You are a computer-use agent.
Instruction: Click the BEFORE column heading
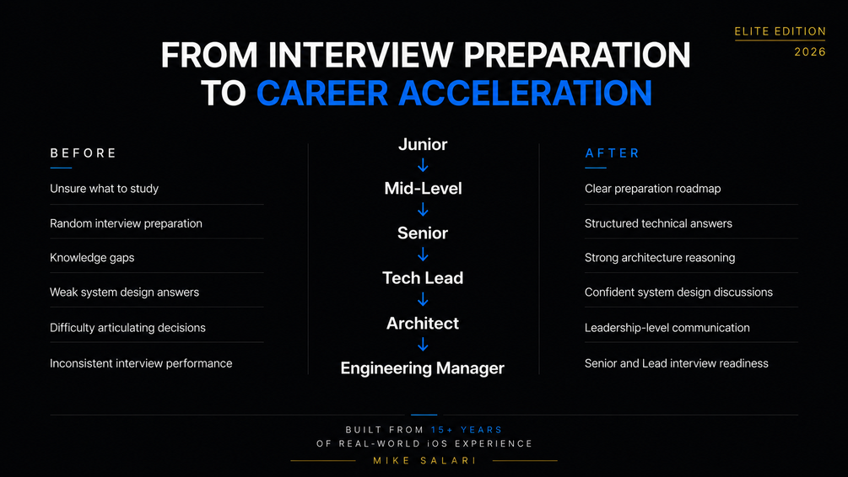84,153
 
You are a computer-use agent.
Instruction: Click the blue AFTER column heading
613,153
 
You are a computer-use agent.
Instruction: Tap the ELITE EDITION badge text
780,31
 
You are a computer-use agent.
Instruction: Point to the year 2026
810,52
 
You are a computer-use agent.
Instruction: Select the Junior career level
423,144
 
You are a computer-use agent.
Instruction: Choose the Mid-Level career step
423,189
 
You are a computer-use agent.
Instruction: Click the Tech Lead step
423,277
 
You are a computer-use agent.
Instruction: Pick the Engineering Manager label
423,368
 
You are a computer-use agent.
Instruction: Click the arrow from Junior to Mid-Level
423,165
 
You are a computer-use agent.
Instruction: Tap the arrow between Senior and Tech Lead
423,255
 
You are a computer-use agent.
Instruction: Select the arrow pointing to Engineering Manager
423,344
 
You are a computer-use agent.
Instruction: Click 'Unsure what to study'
105,189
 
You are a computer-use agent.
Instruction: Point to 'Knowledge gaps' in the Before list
92,258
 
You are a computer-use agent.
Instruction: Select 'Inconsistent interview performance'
141,363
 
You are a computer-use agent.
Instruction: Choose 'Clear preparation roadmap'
653,189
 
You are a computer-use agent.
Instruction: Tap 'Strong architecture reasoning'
660,258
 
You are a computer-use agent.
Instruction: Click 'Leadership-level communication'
667,327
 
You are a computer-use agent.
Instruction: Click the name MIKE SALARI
424,461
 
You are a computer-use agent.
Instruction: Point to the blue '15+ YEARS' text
467,430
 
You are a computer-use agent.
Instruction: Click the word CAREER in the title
322,93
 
